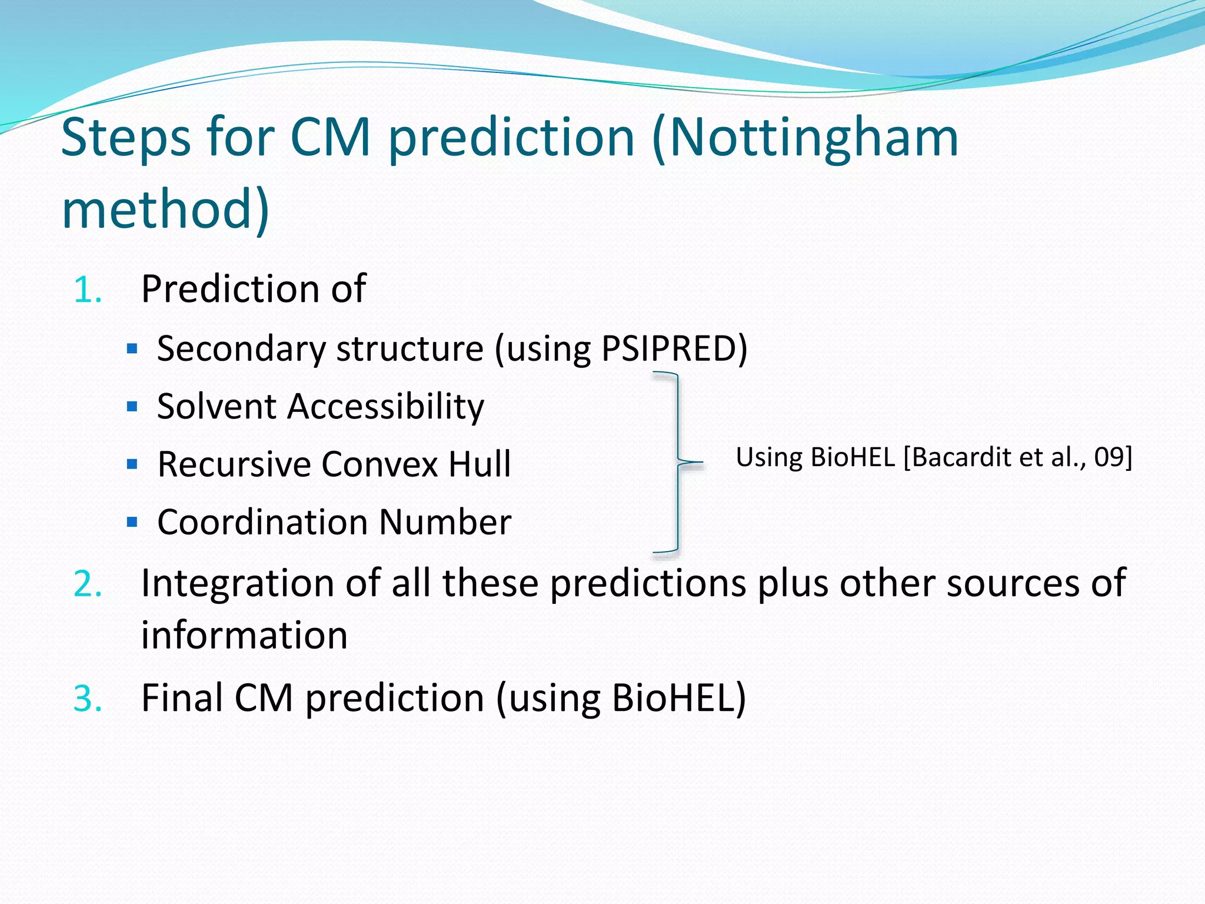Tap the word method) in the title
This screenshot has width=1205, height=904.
point(165,209)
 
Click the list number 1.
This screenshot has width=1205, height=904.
point(88,290)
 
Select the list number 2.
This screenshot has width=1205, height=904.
point(88,584)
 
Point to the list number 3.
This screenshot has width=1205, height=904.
point(88,699)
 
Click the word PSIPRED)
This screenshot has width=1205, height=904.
point(674,348)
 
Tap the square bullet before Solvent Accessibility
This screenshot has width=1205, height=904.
point(132,407)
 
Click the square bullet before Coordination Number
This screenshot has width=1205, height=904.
point(132,522)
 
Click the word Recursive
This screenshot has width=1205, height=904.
point(234,464)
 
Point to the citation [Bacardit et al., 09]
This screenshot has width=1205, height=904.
point(1018,458)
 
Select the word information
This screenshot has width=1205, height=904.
point(244,636)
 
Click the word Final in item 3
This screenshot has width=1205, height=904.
point(181,699)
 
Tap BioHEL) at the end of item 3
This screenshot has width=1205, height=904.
point(678,699)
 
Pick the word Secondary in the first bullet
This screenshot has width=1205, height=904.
point(241,349)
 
